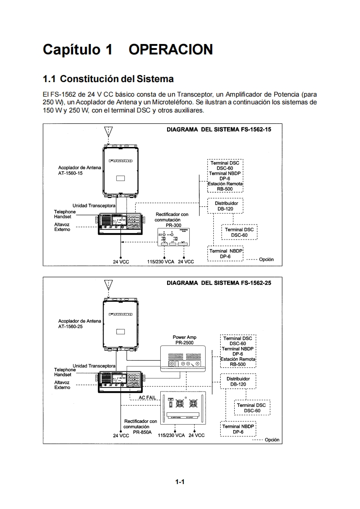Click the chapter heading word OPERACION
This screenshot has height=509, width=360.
(x=171, y=49)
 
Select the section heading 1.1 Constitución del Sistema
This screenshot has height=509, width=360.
(x=108, y=79)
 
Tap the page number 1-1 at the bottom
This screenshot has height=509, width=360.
(x=180, y=482)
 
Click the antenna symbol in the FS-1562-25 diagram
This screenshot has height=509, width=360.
(x=108, y=285)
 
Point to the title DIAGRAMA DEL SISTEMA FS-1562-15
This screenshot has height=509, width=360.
(x=219, y=129)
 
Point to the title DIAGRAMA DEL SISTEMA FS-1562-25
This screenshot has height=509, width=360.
(x=219, y=283)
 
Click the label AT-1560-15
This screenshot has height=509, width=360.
(x=70, y=173)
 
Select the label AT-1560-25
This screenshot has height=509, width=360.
(x=70, y=327)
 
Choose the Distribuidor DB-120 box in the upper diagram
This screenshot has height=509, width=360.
(x=225, y=206)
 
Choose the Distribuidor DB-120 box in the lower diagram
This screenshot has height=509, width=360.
(x=238, y=381)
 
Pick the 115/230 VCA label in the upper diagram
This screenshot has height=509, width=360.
(x=161, y=262)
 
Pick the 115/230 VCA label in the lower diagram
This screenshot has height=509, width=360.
(x=171, y=435)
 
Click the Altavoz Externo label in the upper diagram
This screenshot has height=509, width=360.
(x=62, y=227)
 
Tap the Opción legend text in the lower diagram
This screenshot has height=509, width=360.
(x=272, y=440)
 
